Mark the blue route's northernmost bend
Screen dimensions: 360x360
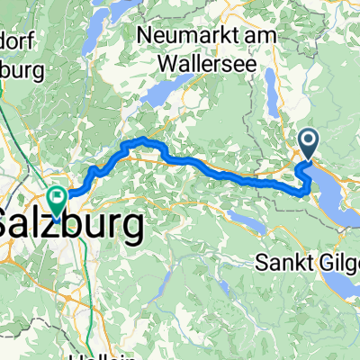point(141,141)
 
